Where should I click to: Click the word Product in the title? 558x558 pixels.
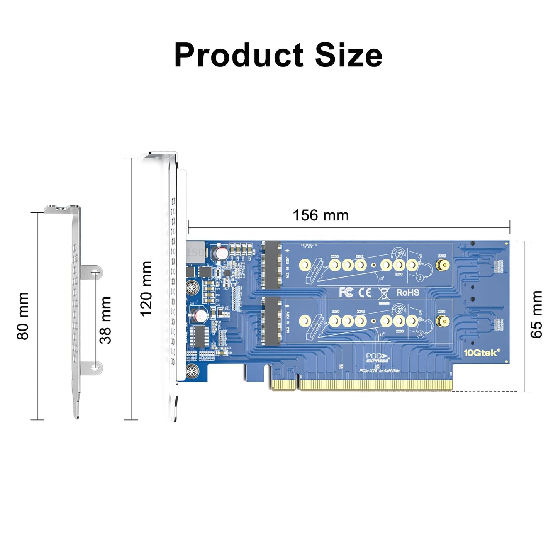coord(239,55)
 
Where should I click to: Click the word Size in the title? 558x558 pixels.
coord(348,55)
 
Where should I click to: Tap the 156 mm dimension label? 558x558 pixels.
coord(321,215)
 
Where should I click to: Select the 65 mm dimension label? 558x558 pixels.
coord(536,315)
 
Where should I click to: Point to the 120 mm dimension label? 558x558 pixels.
coord(146,289)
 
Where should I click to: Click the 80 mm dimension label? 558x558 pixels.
coord(23,316)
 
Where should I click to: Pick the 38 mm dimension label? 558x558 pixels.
coord(105,320)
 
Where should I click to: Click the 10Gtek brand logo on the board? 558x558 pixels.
coord(482,353)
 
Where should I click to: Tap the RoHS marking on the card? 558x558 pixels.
coord(407,293)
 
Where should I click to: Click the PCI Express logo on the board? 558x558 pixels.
coord(377,358)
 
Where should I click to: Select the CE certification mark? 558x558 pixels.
coord(365,293)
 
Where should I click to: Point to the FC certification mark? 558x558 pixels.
coord(346,293)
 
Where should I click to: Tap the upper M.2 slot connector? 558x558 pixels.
coord(272,265)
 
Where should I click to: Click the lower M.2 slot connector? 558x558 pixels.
coord(272,321)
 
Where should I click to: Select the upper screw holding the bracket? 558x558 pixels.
coord(192,287)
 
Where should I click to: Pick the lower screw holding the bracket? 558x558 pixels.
coord(192,371)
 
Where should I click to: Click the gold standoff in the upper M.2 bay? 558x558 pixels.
coord(442,265)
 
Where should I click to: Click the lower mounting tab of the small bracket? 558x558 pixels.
coord(93,368)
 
